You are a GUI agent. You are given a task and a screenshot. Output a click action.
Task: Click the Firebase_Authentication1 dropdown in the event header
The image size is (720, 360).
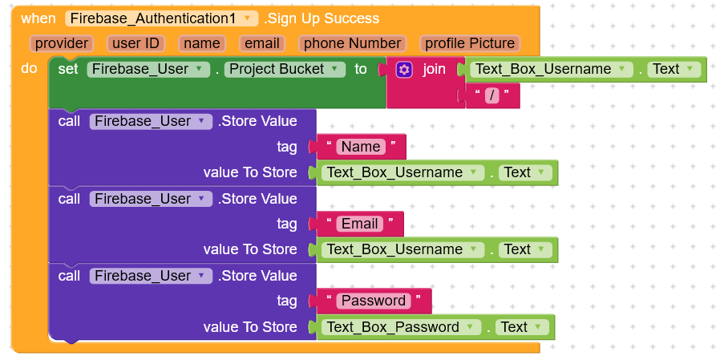[162, 18]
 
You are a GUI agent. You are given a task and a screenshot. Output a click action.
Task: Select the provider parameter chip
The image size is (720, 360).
[62, 43]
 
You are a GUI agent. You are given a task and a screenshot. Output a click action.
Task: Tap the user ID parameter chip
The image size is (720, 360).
[136, 43]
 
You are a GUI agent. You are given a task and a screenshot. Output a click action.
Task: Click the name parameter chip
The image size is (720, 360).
[202, 43]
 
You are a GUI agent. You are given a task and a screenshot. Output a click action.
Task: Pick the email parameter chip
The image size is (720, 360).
[262, 43]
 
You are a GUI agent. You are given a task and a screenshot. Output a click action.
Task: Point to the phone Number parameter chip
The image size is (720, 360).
[352, 43]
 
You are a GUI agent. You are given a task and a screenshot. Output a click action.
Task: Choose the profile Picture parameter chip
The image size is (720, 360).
[470, 43]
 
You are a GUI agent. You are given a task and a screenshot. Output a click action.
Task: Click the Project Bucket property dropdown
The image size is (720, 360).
[285, 69]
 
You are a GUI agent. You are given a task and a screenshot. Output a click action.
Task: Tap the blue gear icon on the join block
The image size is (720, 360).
[404, 70]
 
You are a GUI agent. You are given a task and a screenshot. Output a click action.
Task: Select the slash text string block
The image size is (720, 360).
[492, 96]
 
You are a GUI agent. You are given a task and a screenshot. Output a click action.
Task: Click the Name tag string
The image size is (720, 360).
[361, 147]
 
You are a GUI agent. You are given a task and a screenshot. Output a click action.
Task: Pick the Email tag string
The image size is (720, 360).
[360, 224]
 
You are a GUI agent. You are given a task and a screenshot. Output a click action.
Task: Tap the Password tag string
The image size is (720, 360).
[374, 301]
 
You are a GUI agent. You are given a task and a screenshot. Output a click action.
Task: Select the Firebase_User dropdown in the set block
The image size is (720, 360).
[148, 69]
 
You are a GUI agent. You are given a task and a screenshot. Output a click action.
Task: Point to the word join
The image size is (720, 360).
[434, 69]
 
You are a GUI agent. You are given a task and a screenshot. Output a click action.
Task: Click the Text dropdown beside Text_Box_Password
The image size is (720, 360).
[522, 327]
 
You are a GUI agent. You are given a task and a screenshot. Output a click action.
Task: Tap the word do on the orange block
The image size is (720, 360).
[29, 69]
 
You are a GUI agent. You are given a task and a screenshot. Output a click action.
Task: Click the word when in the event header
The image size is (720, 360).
[38, 18]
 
